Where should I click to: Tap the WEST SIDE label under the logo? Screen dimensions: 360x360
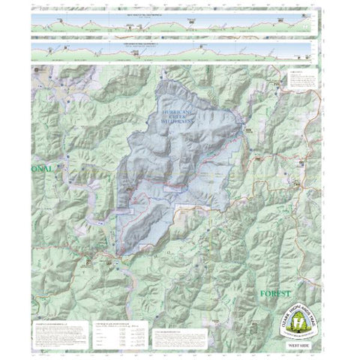[x=298, y=346]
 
